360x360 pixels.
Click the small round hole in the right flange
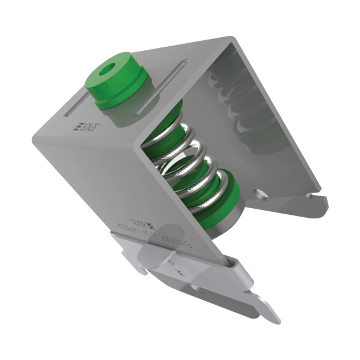pyautogui.click(x=259, y=193)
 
